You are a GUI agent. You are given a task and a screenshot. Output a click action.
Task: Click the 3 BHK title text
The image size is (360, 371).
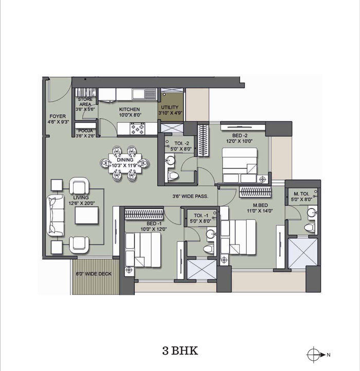[x=180, y=350]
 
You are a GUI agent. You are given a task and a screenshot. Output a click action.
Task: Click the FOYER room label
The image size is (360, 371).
[x=58, y=117]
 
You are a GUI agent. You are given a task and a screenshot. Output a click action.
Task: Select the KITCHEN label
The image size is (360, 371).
[x=129, y=109]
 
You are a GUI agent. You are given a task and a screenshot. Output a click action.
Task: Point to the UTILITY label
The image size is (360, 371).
[x=170, y=107]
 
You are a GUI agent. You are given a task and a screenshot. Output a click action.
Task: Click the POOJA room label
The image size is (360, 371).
[x=85, y=131]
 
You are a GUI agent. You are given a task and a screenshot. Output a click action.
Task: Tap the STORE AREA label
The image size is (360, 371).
[x=85, y=102]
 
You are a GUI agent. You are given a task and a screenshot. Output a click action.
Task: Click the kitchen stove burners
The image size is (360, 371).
[x=137, y=128]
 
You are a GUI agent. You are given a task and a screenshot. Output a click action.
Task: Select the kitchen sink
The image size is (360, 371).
[x=145, y=93]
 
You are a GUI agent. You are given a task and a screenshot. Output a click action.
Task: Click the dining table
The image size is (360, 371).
[x=125, y=163]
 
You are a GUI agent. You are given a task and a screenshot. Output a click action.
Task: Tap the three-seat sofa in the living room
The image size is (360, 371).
[x=56, y=215]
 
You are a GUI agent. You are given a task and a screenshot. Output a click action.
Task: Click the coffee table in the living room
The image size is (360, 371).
[x=87, y=215]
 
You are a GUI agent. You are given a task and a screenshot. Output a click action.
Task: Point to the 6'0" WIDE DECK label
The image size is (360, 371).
[x=94, y=274]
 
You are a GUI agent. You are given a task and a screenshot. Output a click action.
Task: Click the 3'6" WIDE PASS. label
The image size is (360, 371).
[x=190, y=196]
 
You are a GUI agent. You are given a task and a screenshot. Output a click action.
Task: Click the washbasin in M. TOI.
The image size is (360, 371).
[x=312, y=212]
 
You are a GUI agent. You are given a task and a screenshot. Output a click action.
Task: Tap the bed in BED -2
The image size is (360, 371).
[x=240, y=165]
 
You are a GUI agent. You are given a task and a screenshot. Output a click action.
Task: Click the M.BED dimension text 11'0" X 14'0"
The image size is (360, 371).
[x=260, y=211]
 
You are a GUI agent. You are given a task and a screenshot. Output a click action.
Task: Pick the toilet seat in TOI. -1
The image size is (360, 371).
[x=209, y=249]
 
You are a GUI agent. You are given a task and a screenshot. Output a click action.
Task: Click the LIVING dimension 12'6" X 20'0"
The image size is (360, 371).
[x=81, y=203]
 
